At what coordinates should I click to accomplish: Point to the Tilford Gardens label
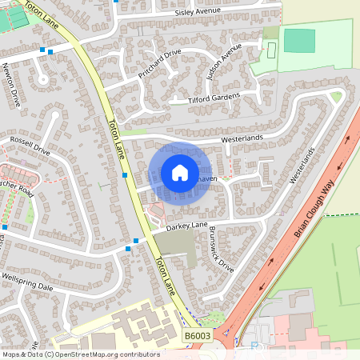coord(214,98)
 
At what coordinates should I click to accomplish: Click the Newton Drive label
coord(11,86)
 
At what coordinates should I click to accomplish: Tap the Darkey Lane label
coord(186,227)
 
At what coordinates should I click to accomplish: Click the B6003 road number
coord(197,338)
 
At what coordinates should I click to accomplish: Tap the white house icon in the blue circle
coord(180,172)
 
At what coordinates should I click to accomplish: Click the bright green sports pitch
coord(299,41)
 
